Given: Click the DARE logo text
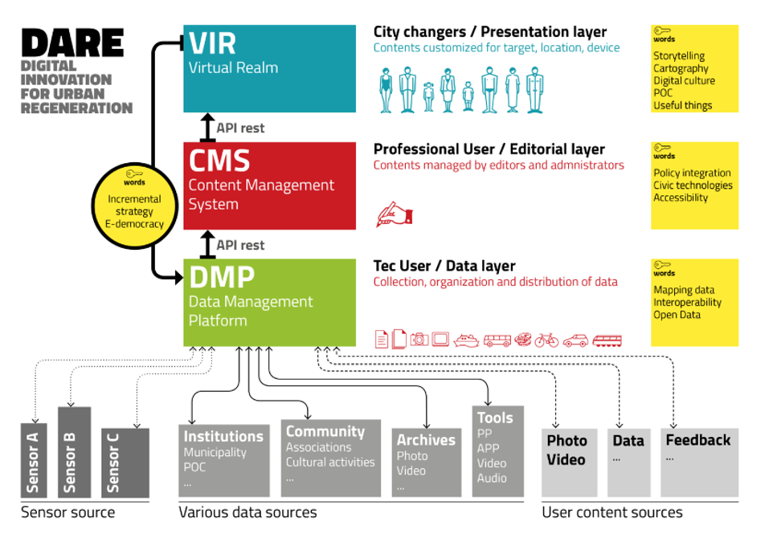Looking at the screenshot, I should click(x=72, y=43).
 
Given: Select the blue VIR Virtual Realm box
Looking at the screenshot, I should click(x=269, y=68).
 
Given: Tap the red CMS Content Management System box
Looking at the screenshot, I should click(x=269, y=185).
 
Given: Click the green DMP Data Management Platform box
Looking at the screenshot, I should click(x=269, y=302).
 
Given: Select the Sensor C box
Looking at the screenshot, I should click(x=125, y=463).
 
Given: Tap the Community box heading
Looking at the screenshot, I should click(x=325, y=431).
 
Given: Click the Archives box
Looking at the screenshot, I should click(x=426, y=462).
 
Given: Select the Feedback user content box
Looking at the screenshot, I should click(x=698, y=461).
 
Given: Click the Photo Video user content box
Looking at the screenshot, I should click(x=569, y=462).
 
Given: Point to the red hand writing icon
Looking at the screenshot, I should click(x=394, y=215).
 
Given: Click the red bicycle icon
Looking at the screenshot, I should click(x=546, y=340).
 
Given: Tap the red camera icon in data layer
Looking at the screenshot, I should click(x=419, y=340).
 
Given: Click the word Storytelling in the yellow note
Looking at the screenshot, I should click(x=679, y=56).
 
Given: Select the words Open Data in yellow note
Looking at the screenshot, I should click(x=677, y=315).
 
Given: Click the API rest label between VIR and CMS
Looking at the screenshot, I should click(x=240, y=128).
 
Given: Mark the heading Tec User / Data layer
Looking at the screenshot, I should click(x=444, y=266).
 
